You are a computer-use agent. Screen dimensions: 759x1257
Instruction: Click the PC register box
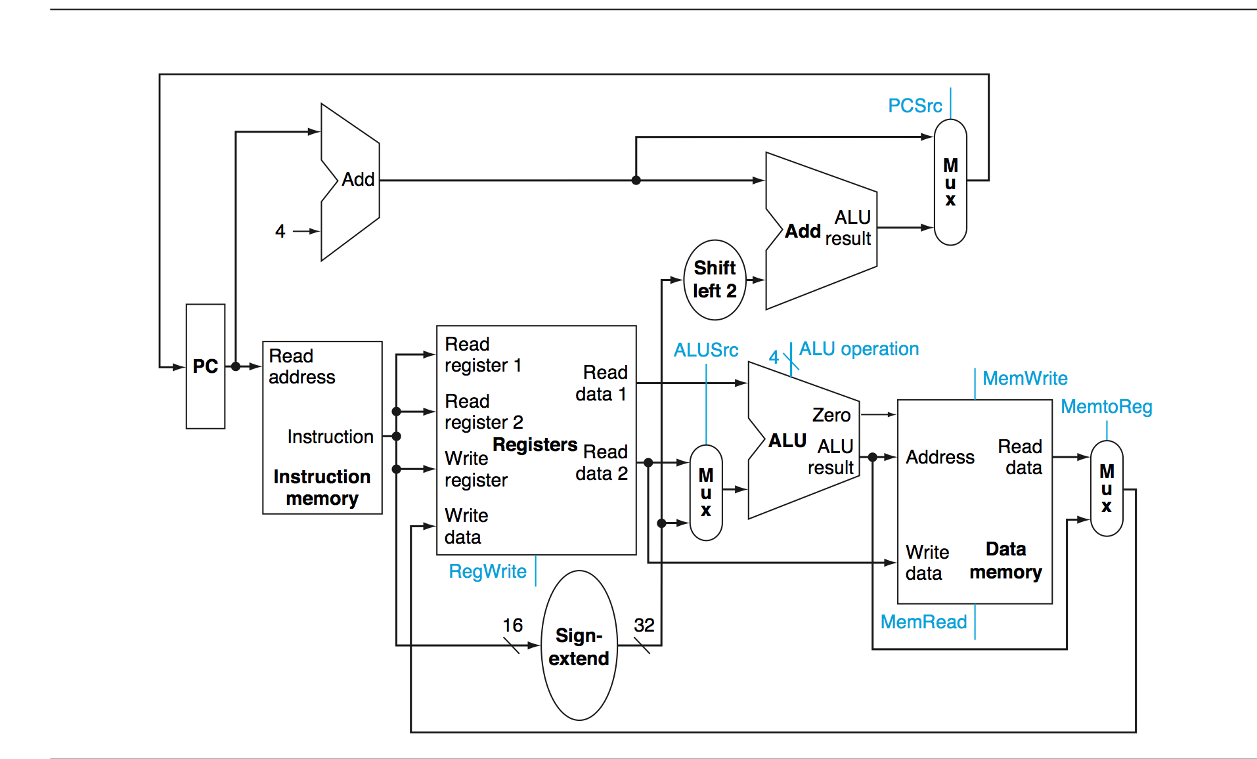206,366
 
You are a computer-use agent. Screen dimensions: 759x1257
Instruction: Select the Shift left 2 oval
715,280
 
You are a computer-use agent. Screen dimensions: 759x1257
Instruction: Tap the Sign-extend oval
579,646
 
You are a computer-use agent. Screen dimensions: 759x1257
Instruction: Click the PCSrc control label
914,106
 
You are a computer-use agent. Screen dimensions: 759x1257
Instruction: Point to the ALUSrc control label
705,350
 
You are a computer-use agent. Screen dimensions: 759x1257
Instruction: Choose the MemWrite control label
1025,378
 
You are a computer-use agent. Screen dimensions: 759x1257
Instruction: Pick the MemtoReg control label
1106,407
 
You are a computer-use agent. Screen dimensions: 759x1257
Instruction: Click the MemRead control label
923,622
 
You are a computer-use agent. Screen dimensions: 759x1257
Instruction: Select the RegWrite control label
487,571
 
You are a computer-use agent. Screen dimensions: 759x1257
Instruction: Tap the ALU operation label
858,349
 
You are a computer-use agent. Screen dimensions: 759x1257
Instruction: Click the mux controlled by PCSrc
950,183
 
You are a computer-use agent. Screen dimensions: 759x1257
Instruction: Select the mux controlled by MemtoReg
1106,488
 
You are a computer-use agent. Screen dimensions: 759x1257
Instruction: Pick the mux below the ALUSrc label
706,492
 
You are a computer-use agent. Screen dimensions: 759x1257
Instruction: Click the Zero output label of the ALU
831,415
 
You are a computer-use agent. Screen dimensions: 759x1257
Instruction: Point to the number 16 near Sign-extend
512,625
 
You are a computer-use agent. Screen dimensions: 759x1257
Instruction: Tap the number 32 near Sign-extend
644,625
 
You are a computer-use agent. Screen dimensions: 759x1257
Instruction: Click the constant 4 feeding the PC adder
280,231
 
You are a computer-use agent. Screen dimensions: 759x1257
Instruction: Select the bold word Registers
535,445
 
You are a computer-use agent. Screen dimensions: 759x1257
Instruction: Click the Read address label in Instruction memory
301,366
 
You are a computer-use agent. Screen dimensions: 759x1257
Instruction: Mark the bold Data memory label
1005,561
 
